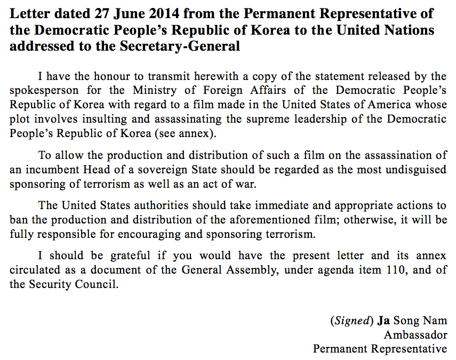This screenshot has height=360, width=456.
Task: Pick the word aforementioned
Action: click(x=230, y=220)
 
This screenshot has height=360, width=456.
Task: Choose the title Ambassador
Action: click(x=415, y=335)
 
